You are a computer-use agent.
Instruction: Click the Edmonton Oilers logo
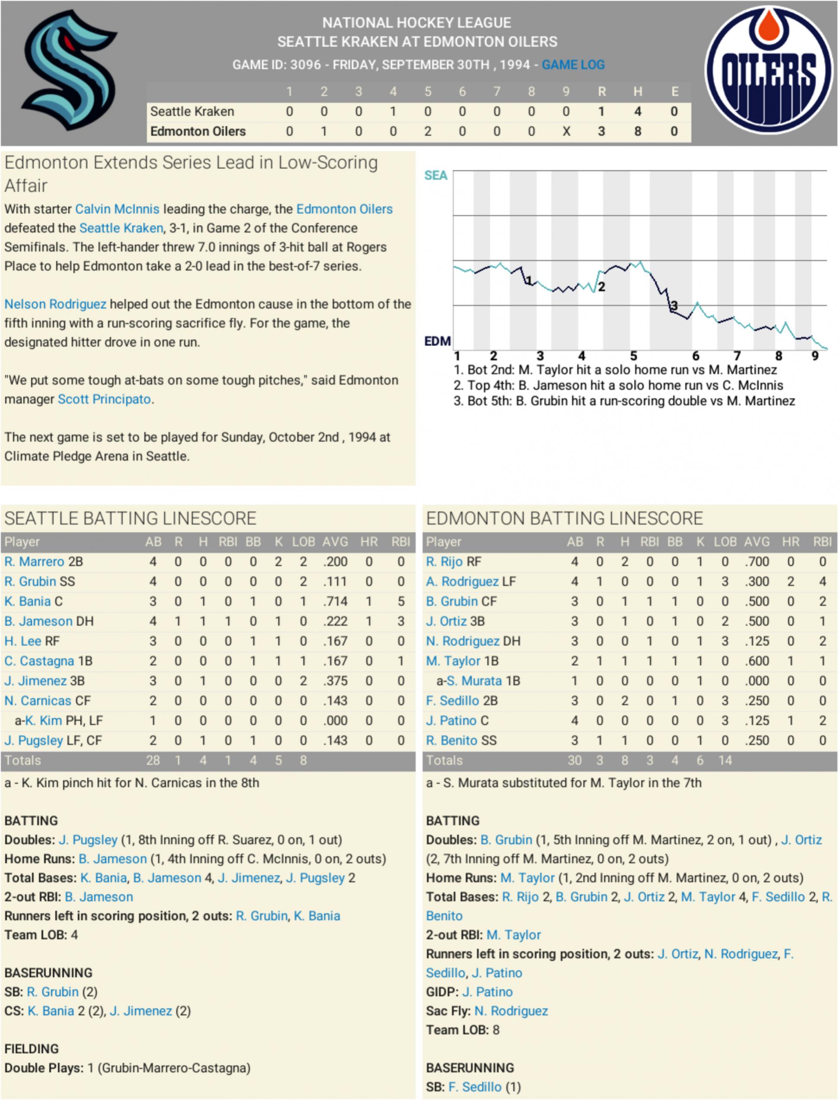769,70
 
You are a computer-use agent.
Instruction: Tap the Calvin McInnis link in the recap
117,209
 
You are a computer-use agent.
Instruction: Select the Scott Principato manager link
104,399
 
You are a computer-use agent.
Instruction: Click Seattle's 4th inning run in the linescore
393,112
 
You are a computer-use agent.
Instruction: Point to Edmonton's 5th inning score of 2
428,131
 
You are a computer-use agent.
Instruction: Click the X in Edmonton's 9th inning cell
566,131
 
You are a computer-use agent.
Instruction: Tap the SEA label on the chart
435,175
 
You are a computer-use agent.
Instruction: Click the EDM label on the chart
438,341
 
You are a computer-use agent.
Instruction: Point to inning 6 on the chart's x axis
696,356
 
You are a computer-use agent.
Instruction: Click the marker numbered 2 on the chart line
601,287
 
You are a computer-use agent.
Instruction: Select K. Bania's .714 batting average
335,601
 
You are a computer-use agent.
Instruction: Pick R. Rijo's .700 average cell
757,562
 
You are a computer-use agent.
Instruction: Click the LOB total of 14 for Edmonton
725,760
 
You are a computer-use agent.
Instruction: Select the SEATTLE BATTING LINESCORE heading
130,518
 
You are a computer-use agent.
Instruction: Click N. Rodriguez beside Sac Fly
511,1011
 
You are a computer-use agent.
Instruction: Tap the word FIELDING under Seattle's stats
32,1049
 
